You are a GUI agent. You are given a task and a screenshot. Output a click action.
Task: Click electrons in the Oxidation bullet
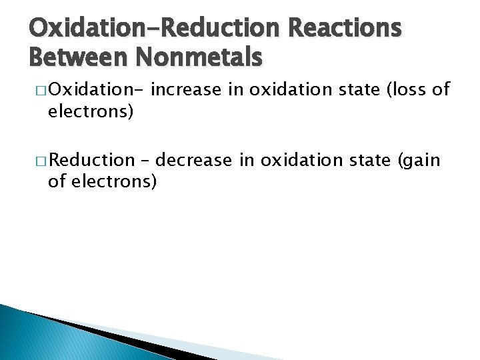pyautogui.click(x=91, y=111)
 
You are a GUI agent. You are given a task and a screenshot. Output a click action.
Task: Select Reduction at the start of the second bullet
pyautogui.click(x=91, y=161)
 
